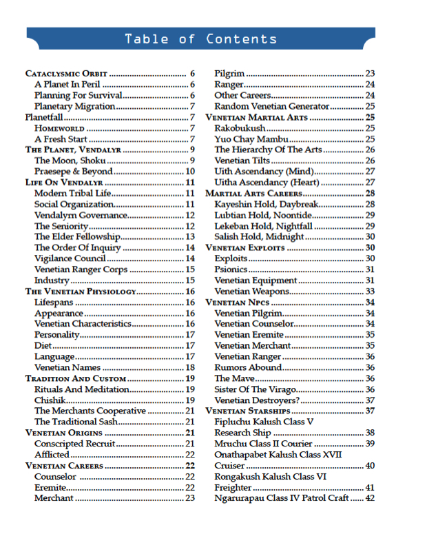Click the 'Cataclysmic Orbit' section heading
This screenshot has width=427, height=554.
click(x=66, y=73)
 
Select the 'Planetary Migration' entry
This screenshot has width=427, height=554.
click(x=75, y=106)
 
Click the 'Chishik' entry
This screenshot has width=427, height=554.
click(x=50, y=400)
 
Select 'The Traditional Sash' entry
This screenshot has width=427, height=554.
click(x=76, y=422)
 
